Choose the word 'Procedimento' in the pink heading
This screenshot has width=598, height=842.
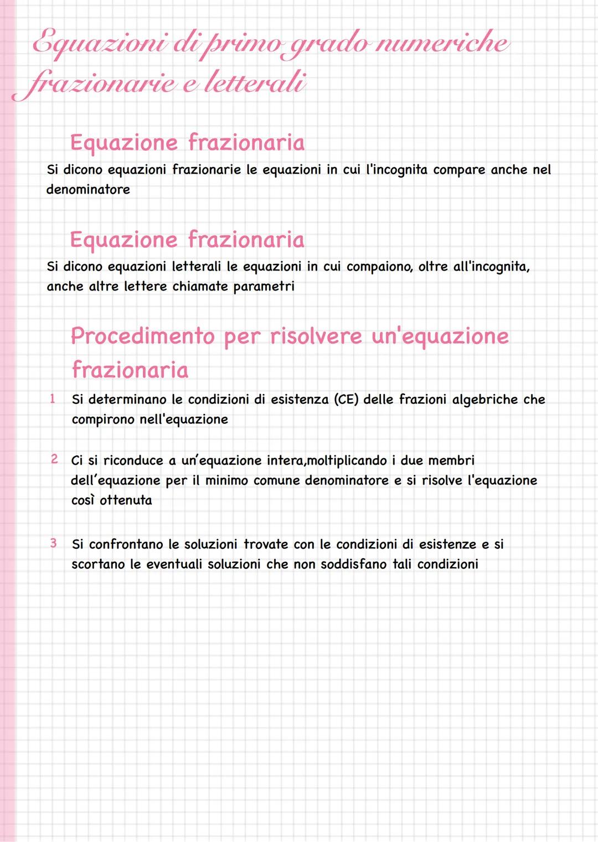(143, 336)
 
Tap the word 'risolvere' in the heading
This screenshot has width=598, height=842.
(316, 336)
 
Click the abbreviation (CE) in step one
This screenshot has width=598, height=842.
(346, 399)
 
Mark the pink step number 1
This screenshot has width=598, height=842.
(53, 399)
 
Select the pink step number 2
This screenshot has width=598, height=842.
(54, 459)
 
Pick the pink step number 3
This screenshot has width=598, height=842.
(53, 543)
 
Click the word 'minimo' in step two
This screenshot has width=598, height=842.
(226, 480)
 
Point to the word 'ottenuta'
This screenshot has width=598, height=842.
(126, 500)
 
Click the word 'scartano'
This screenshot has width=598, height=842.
(98, 564)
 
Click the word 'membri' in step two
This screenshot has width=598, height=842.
(451, 460)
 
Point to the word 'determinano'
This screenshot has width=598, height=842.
(127, 399)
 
